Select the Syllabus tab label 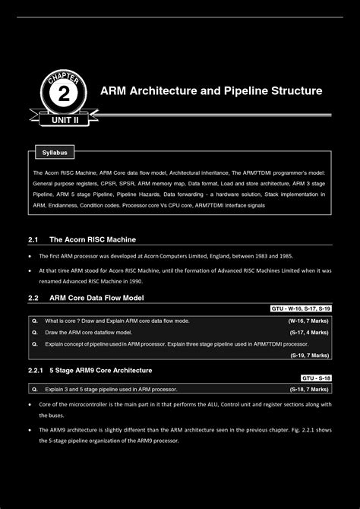pyautogui.click(x=54, y=153)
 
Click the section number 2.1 pyautogui.click(x=33, y=240)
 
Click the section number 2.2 pyautogui.click(x=33, y=298)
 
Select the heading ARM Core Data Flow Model pyautogui.click(x=96, y=298)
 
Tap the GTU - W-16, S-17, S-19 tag pyautogui.click(x=301, y=309)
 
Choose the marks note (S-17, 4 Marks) pyautogui.click(x=308, y=333)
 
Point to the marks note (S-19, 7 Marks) pyautogui.click(x=308, y=355)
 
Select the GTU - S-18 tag pyautogui.click(x=316, y=378)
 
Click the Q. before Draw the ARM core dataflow pyautogui.click(x=35, y=333)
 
